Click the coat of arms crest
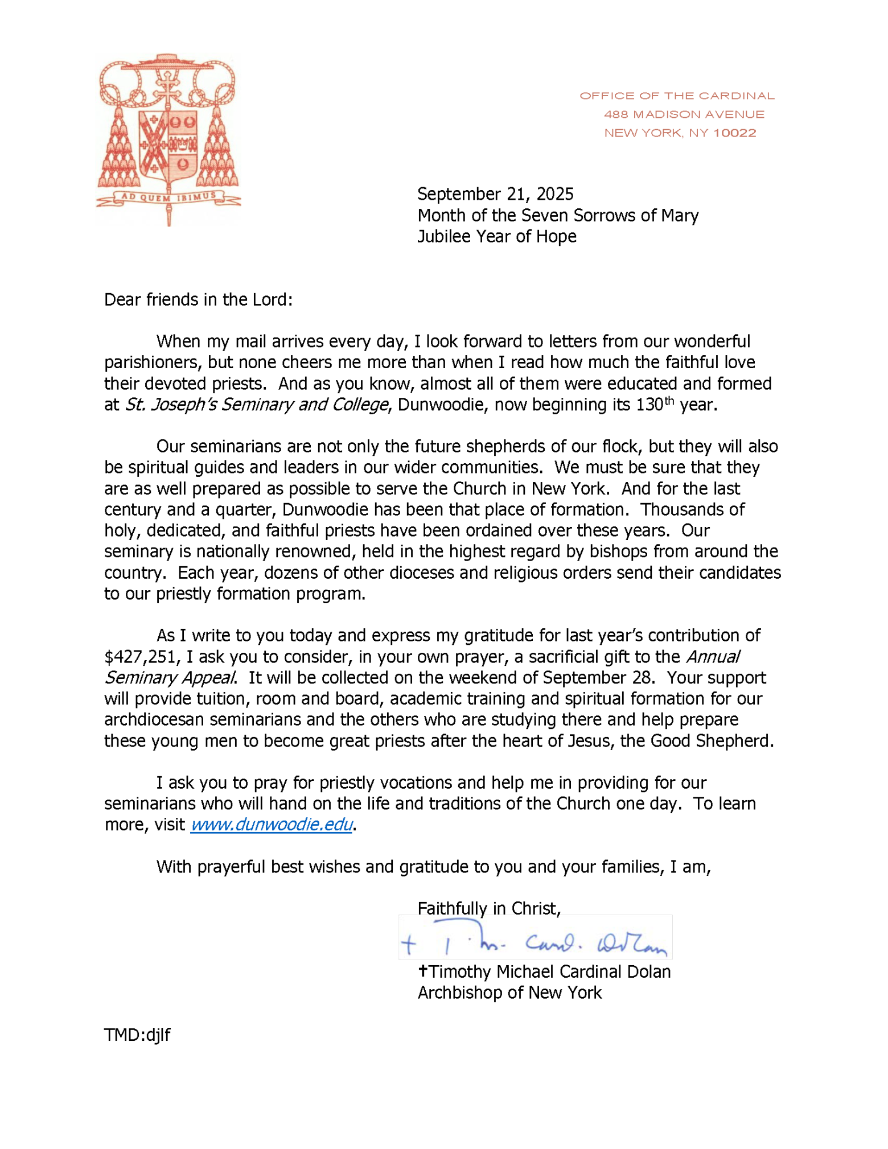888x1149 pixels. coord(168,137)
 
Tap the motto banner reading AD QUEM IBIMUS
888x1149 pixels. coord(168,197)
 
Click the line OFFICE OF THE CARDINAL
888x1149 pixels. coord(677,96)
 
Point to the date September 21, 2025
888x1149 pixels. coord(495,195)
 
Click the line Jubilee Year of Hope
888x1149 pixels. coord(496,236)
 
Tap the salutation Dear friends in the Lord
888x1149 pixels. coord(198,299)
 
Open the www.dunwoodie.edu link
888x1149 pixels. coord(272,825)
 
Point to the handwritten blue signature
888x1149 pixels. coord(535,945)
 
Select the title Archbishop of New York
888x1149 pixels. coord(509,992)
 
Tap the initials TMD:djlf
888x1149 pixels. coord(137,1035)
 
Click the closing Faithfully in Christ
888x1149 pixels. coord(489,908)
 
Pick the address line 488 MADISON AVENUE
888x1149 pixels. coord(684,114)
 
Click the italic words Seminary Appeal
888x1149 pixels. coord(170,678)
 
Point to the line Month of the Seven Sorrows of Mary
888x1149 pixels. coord(558,216)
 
